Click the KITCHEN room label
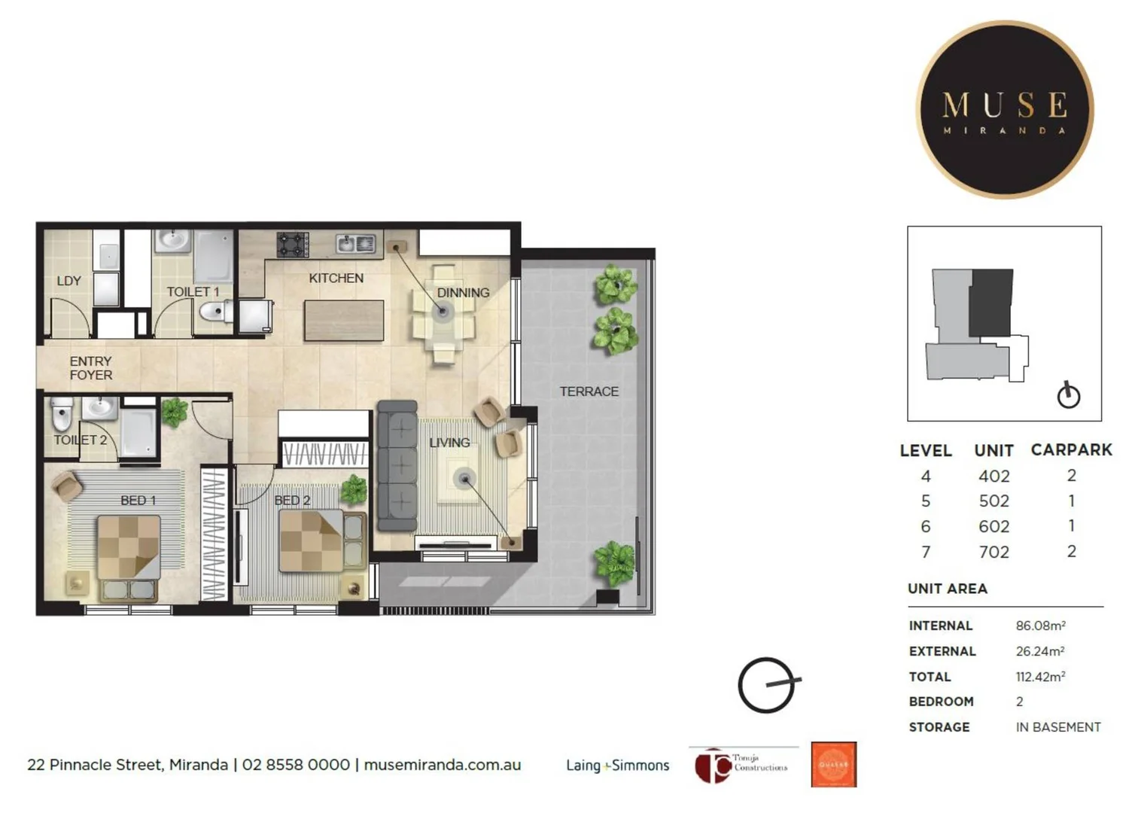[x=336, y=279]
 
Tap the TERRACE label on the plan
[x=589, y=391]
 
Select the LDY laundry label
[x=68, y=281]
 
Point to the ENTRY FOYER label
[x=90, y=368]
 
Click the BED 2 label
[x=292, y=500]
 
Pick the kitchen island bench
[x=344, y=320]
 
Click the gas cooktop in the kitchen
[x=293, y=244]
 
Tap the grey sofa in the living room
[x=397, y=467]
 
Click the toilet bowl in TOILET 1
[x=216, y=311]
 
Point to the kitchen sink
[x=355, y=243]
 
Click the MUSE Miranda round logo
[x=1004, y=110]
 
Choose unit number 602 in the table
[x=994, y=527]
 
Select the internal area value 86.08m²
[x=1040, y=626]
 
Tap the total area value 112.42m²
[x=1040, y=677]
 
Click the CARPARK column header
[x=1071, y=450]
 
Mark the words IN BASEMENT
[x=1057, y=727]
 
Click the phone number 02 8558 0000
[x=296, y=765]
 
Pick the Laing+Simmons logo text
[x=617, y=766]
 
